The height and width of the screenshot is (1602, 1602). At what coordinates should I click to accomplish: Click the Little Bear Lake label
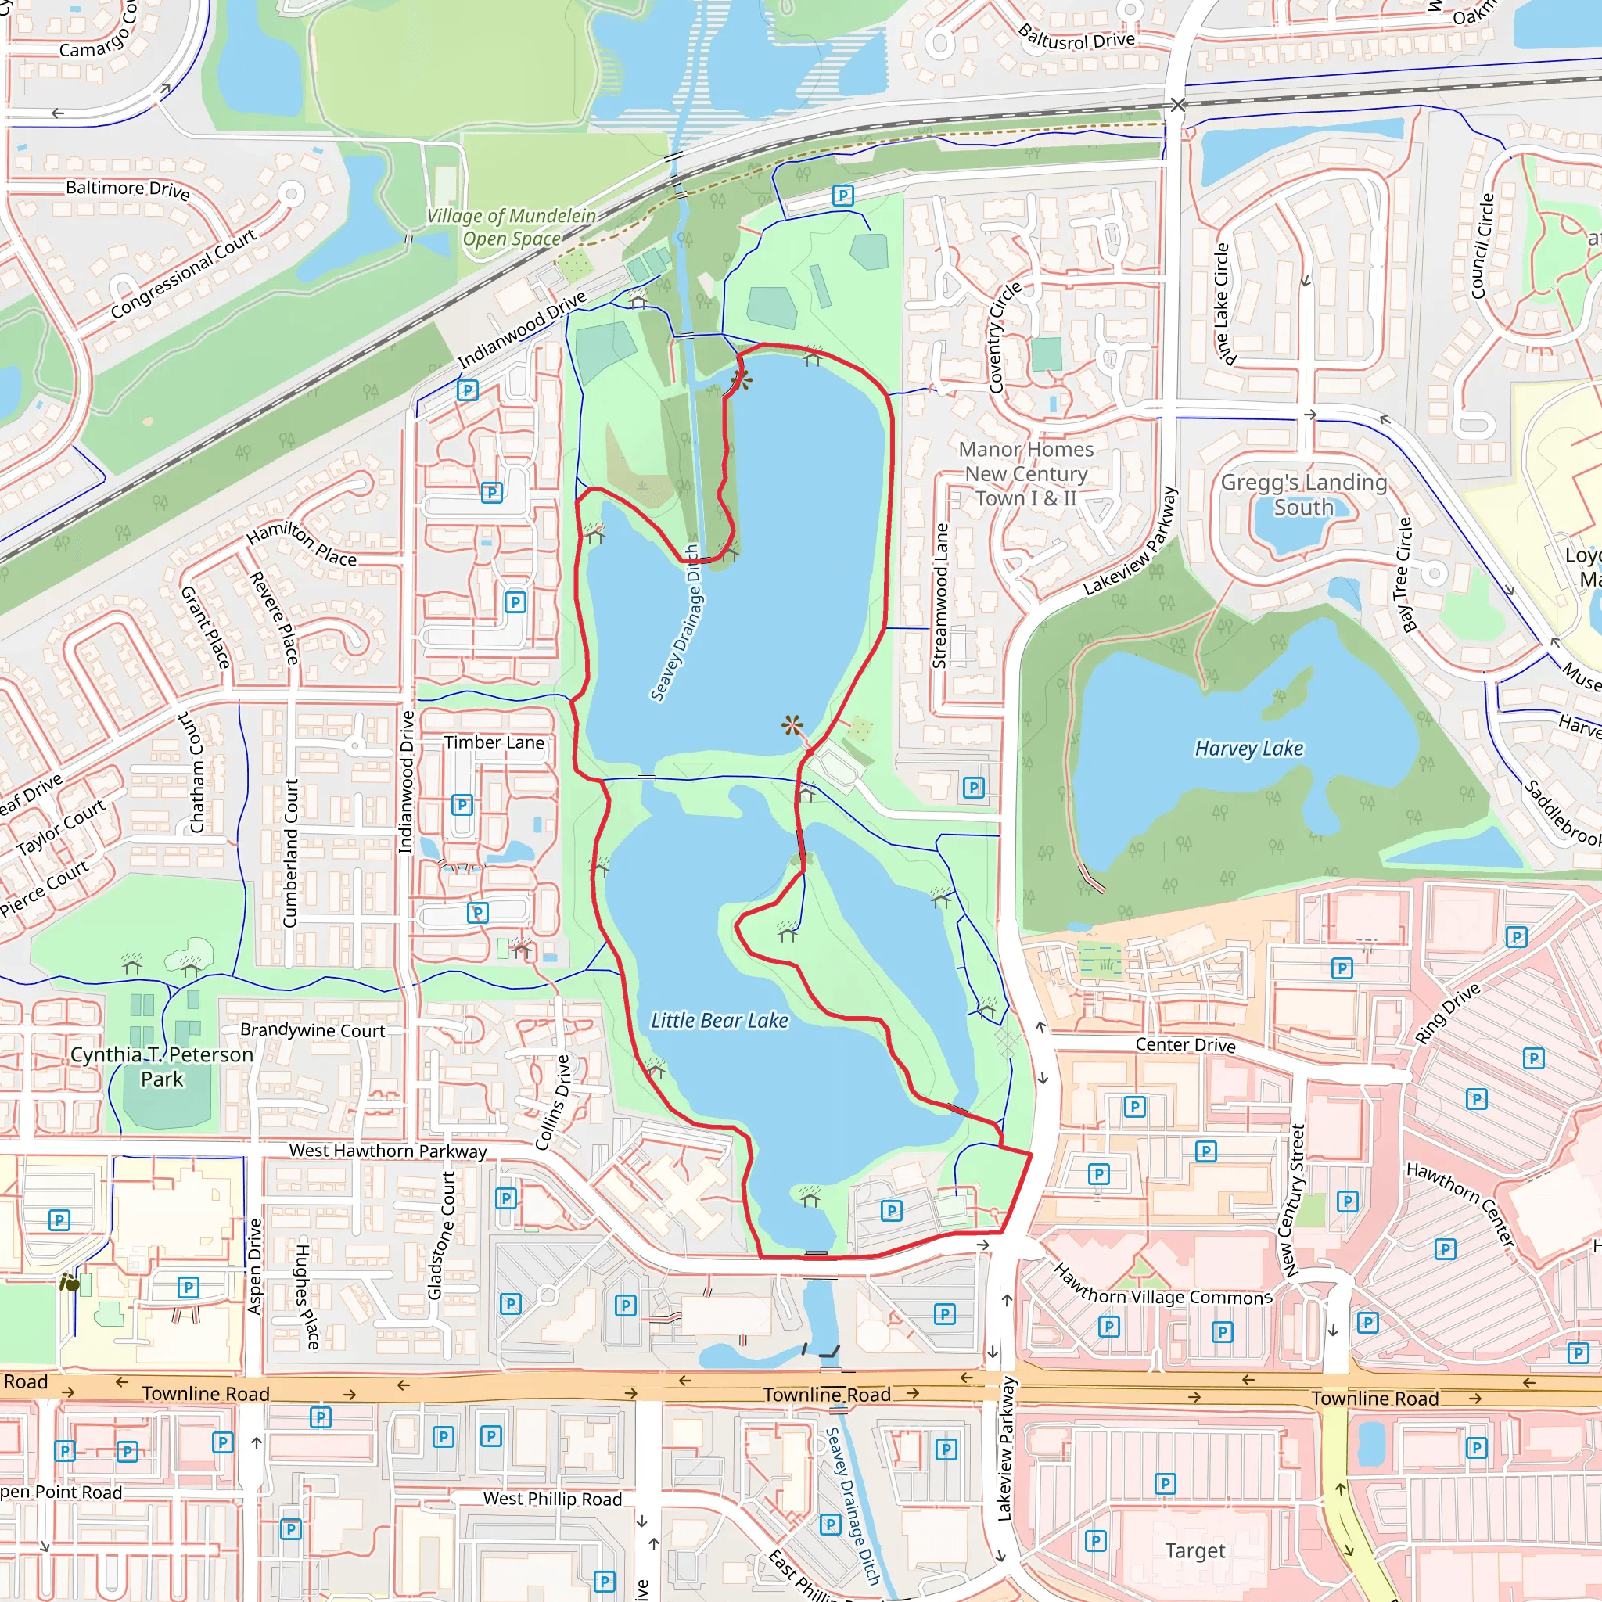719,1021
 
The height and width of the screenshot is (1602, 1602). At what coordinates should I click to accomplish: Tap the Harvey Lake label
1248,749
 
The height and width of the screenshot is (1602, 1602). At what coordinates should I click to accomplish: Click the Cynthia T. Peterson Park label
162,1066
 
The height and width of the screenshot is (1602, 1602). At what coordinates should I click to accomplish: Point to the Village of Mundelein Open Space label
511,227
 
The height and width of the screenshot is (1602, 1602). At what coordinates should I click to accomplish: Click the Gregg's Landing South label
1303,494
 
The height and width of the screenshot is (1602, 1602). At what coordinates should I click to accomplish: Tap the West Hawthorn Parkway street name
387,1151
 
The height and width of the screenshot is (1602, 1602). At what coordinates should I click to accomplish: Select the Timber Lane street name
494,743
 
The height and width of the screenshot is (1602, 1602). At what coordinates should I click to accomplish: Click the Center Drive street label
1185,1045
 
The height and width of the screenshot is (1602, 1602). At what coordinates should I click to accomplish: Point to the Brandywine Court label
313,1030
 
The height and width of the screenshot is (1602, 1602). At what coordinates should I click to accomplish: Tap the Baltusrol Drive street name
1076,38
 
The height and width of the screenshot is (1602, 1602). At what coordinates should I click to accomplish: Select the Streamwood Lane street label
940,595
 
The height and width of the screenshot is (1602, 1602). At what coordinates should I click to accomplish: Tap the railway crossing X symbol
1177,105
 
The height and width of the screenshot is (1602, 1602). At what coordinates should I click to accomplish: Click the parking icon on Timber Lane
462,804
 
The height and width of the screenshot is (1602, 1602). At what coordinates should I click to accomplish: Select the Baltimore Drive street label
128,189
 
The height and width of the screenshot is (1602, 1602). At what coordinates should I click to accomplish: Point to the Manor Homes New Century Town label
1025,473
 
